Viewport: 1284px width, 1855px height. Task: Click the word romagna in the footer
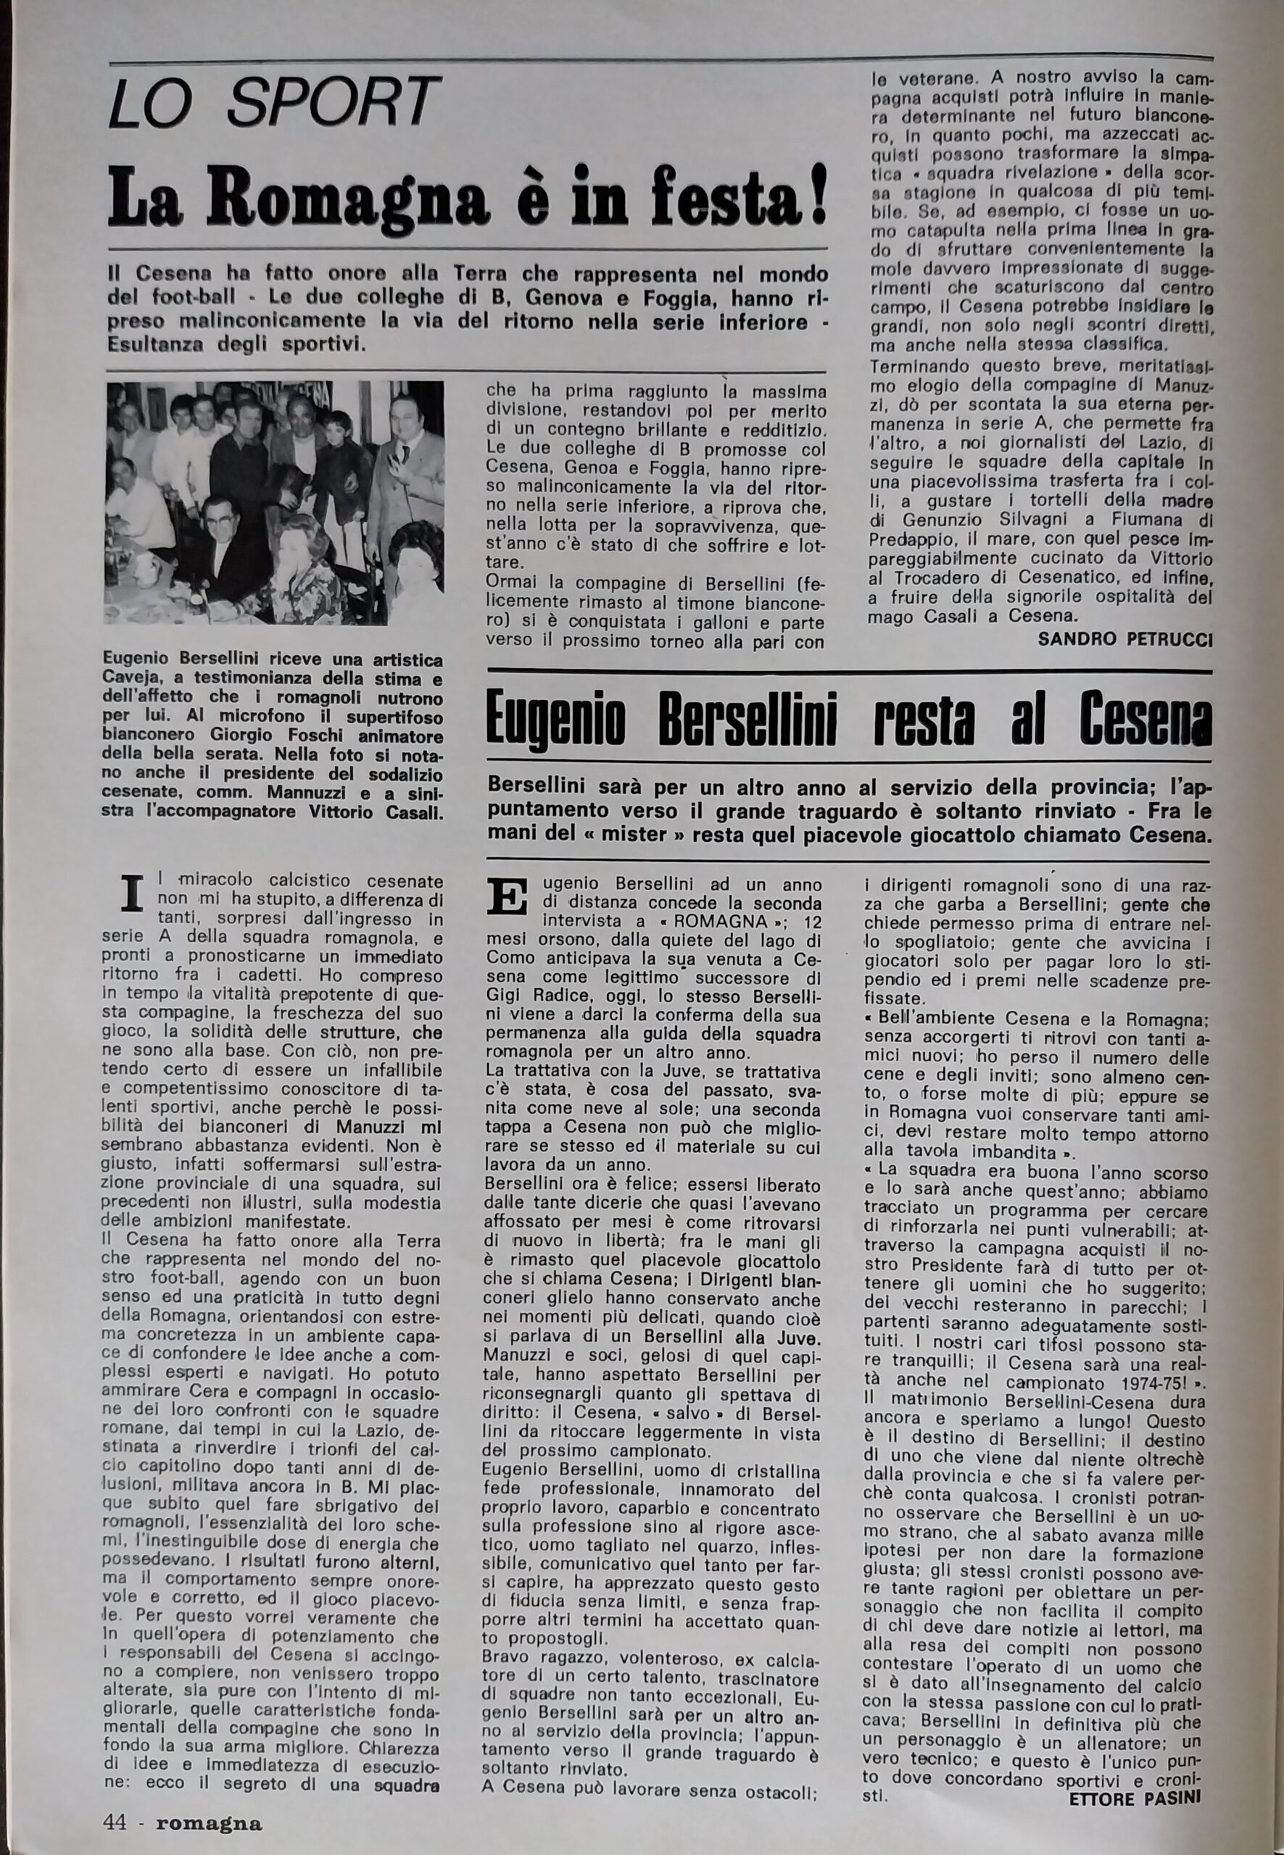click(x=210, y=1824)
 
